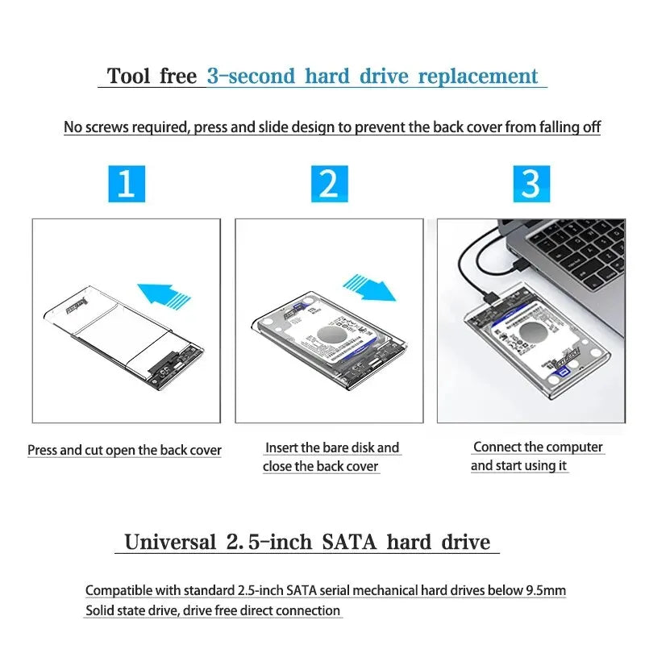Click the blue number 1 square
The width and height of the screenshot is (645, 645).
(126, 183)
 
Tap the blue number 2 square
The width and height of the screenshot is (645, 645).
(329, 183)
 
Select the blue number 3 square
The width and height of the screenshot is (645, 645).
(531, 183)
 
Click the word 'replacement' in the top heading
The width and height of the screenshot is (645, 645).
(478, 77)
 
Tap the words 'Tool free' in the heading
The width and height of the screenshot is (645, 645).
(152, 77)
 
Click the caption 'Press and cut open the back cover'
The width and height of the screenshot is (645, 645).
(124, 451)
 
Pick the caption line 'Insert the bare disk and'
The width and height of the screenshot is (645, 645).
(332, 447)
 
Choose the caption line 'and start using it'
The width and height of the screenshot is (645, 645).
(518, 465)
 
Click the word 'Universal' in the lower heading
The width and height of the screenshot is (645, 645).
(170, 542)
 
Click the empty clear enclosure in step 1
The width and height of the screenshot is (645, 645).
(121, 331)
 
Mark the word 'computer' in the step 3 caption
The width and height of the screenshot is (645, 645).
(576, 447)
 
